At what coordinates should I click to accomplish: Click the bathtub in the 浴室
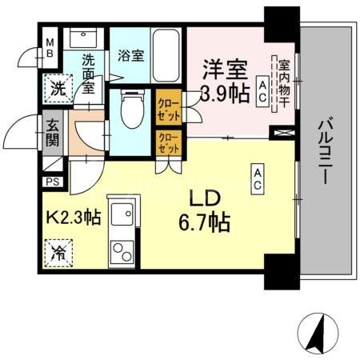click(166, 54)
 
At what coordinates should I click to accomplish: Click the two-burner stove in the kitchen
click(122, 255)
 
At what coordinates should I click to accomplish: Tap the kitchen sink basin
click(122, 214)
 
